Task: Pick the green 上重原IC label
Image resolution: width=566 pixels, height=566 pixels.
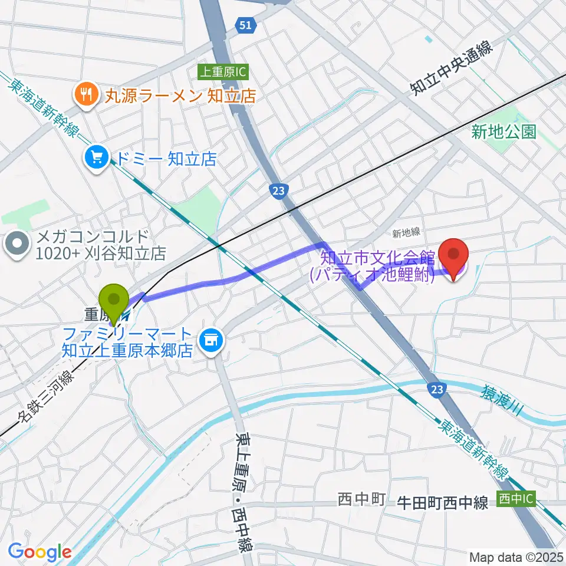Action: point(223,72)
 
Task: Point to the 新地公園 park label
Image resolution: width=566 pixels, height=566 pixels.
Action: point(504,131)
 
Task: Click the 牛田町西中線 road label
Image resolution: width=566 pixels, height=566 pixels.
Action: point(442,502)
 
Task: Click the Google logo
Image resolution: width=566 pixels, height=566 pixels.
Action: point(40,551)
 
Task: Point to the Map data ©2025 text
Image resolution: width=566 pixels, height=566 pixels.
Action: point(515,557)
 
